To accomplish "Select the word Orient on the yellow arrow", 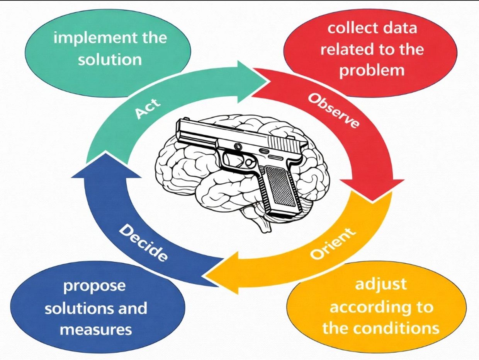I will point(332,244).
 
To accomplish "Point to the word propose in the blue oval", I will point(94,286).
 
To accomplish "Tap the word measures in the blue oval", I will point(96,330).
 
